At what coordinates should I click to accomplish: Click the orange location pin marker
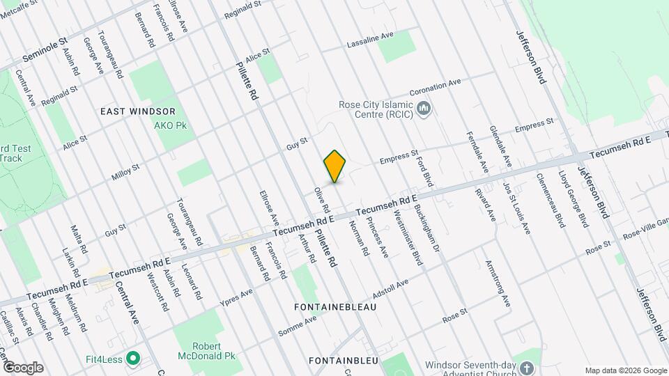pyautogui.click(x=335, y=166)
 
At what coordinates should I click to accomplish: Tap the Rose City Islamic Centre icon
pyautogui.click(x=424, y=109)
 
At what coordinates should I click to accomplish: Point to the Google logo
pyautogui.click(x=23, y=367)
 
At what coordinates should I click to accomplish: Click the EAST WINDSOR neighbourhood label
pyautogui.click(x=137, y=111)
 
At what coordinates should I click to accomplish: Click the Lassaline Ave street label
pyautogui.click(x=371, y=40)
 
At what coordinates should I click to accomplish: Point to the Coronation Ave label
pyautogui.click(x=436, y=87)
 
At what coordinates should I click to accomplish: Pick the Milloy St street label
pyautogui.click(x=126, y=173)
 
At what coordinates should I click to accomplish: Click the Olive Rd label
pyautogui.click(x=321, y=199)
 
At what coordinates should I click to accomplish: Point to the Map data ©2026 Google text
pyautogui.click(x=625, y=370)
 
